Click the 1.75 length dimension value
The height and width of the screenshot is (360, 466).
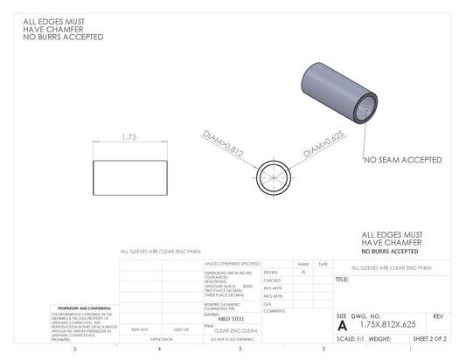pos(129,137)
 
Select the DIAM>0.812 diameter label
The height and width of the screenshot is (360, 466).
pos(222,143)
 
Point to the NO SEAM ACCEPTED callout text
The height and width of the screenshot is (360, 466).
pos(402,160)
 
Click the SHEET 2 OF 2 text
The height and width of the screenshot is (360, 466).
pos(429,338)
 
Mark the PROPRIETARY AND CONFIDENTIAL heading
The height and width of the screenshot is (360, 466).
pos(83,308)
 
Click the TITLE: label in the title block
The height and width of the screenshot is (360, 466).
pos(342,280)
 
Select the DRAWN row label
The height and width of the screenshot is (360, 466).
pos(270,272)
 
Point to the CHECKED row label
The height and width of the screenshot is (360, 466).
pos(272,280)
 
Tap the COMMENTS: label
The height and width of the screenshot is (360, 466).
pos(275,311)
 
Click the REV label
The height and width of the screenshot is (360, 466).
pos(438,315)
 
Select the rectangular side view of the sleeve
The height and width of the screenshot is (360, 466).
pos(129,177)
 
